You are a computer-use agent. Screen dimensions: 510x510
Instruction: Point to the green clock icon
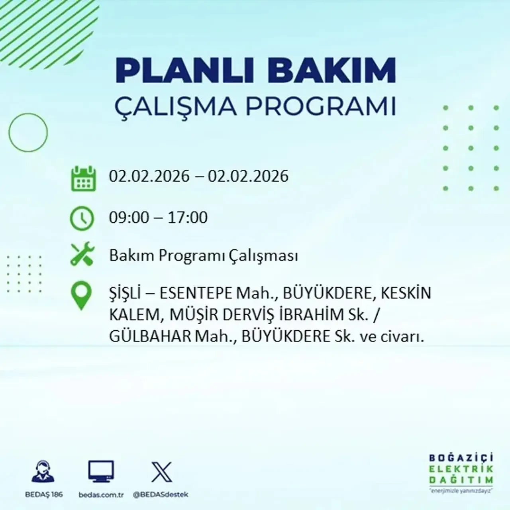(x=82, y=219)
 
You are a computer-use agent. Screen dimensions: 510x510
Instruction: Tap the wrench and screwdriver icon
(x=82, y=255)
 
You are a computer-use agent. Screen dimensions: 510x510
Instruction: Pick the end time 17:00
(x=188, y=218)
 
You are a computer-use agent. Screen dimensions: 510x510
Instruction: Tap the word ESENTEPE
(x=196, y=293)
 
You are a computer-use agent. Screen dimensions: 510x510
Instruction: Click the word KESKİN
(x=406, y=293)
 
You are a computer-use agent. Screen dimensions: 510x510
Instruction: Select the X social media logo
(x=161, y=472)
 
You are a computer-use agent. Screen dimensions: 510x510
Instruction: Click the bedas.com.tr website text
(x=101, y=494)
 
